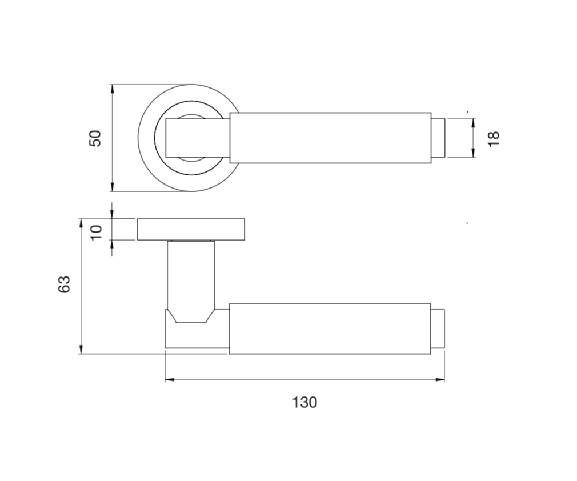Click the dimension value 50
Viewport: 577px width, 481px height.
pos(95,138)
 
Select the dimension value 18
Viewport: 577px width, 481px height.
pos(494,138)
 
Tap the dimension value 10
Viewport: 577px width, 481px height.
pos(96,231)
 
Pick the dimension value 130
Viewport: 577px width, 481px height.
pos(304,403)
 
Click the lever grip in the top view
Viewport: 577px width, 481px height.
pos(330,138)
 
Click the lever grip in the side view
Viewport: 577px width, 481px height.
pos(330,328)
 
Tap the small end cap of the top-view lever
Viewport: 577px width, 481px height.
pos(438,138)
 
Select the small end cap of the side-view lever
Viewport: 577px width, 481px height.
pos(438,328)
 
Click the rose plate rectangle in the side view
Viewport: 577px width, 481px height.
pos(192,229)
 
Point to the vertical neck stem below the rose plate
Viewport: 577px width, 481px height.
pos(191,274)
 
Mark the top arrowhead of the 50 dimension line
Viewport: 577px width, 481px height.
pos(113,89)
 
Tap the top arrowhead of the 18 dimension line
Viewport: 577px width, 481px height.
pos(474,122)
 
